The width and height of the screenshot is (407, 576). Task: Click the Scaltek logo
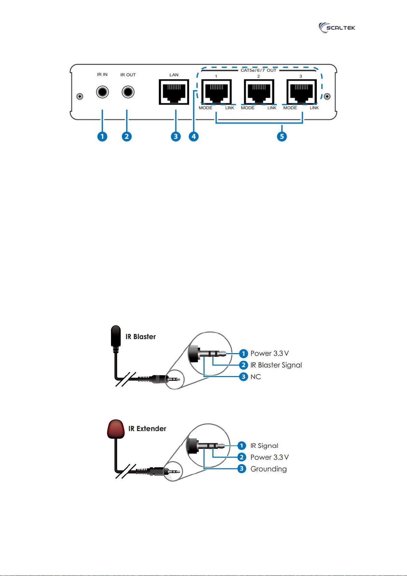click(337, 28)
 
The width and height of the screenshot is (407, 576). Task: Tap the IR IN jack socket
click(102, 92)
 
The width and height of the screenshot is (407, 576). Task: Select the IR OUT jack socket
click(128, 92)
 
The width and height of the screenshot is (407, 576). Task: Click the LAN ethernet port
click(174, 92)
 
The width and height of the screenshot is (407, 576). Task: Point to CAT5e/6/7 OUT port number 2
click(259, 92)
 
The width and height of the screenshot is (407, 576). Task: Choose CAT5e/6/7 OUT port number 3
click(301, 92)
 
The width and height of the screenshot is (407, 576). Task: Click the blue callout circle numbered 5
click(282, 136)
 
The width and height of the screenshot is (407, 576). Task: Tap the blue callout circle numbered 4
click(194, 136)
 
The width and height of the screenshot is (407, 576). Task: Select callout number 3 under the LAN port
click(176, 136)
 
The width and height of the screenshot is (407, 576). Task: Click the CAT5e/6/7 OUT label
click(258, 70)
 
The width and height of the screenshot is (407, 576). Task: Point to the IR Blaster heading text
click(140, 337)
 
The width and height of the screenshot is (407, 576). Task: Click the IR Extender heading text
click(147, 428)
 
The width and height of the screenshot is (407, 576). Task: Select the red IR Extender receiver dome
click(116, 429)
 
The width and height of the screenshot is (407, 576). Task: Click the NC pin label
click(256, 377)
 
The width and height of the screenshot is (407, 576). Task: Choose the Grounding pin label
click(269, 469)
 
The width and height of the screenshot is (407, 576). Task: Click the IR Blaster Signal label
click(276, 365)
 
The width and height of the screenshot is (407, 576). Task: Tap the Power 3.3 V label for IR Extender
click(270, 457)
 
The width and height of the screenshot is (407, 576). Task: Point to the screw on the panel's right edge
click(327, 96)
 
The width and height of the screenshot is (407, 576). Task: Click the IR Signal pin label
click(264, 446)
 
